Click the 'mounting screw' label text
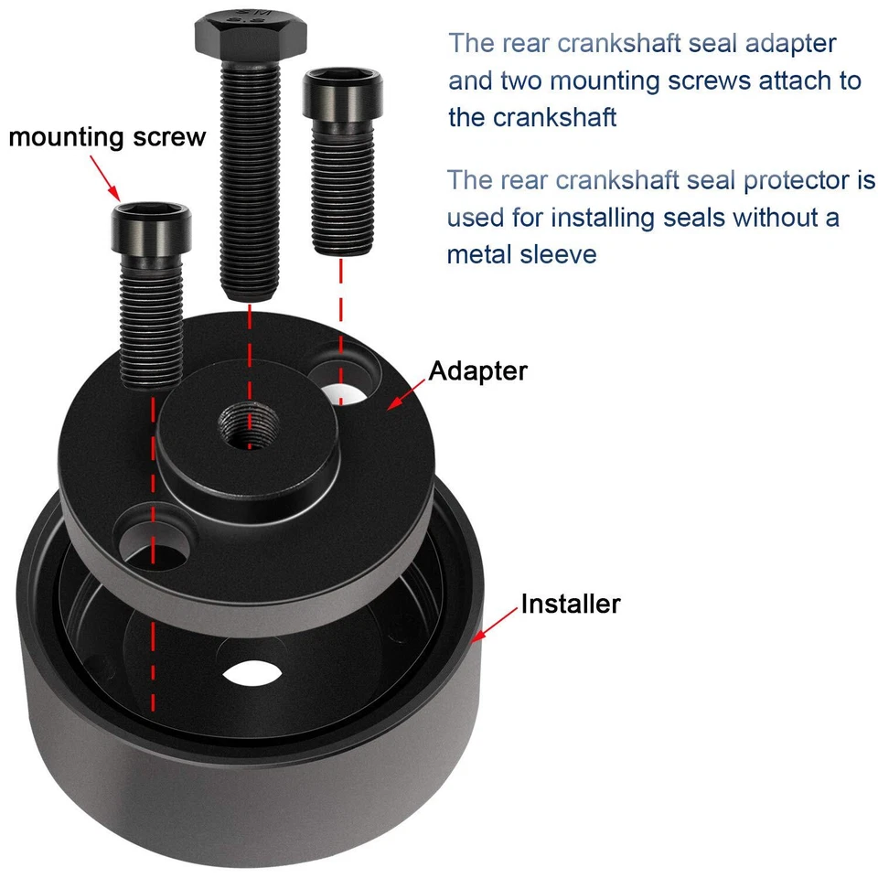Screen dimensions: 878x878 point(107,137)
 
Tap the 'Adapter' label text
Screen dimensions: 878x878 point(477,370)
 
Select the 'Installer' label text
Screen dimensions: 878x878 point(570,604)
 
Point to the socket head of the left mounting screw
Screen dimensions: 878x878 point(153,229)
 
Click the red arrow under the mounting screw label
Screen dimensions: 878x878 point(105,177)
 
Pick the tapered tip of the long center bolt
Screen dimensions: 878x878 point(249,291)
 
